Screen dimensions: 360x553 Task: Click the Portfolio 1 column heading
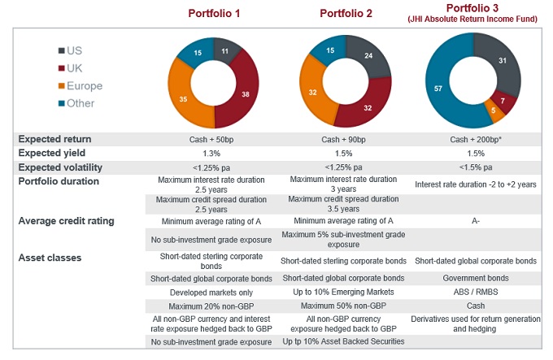point(214,14)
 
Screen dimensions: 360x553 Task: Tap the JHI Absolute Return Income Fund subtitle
point(474,19)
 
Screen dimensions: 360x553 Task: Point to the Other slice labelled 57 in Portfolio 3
point(438,87)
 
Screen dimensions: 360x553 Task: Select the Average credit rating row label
point(67,220)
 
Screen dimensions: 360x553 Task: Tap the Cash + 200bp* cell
point(476,140)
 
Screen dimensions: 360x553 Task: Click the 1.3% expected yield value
point(214,153)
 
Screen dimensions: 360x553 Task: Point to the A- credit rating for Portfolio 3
point(476,220)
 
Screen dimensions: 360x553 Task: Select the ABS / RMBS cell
point(476,291)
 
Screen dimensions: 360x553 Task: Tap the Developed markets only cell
point(214,291)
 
